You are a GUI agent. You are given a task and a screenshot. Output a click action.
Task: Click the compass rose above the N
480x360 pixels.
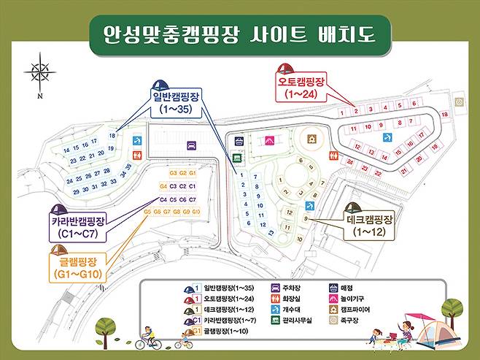click(39, 72)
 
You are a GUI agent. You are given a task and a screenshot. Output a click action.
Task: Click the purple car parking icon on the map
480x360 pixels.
click(192, 145)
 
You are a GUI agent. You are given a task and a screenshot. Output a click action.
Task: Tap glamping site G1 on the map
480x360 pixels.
click(193, 173)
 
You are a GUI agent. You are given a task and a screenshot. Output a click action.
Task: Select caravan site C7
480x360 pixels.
click(193, 199)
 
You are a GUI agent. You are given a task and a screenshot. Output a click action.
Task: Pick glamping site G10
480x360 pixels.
click(196, 212)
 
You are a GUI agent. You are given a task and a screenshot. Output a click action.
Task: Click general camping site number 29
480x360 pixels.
click(76, 191)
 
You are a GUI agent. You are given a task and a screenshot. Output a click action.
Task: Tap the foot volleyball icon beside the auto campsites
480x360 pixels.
click(459, 102)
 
